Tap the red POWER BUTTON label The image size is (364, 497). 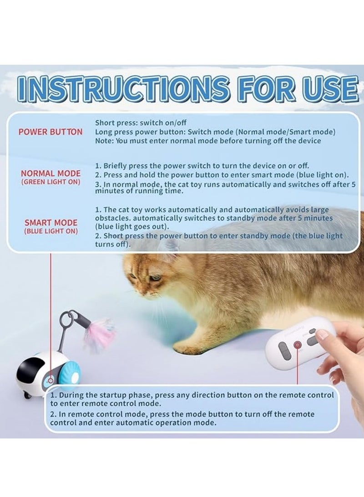click(51, 132)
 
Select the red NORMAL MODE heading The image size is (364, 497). click(51, 174)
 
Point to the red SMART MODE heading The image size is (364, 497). click(51, 223)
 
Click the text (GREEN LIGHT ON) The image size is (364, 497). click(51, 182)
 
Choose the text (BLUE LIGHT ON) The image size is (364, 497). click(51, 231)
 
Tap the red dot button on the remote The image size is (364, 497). click(298, 345)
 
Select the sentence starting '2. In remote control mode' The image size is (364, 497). click(182, 419)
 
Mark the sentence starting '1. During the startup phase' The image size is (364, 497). click(192, 399)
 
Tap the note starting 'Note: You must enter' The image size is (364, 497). click(208, 141)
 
